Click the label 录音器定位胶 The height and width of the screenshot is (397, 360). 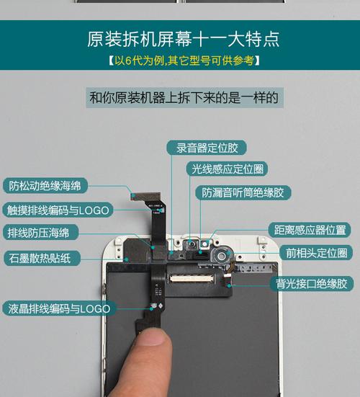coord(207,148)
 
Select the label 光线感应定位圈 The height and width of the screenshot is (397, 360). coord(227,169)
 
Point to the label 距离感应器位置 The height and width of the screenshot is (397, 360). coord(310,230)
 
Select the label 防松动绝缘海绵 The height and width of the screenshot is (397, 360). coord(45,185)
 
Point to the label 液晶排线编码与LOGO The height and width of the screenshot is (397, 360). coord(60,308)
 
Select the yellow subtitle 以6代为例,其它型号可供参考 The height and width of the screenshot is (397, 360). coord(180,61)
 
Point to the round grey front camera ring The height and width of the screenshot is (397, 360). coord(225,254)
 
